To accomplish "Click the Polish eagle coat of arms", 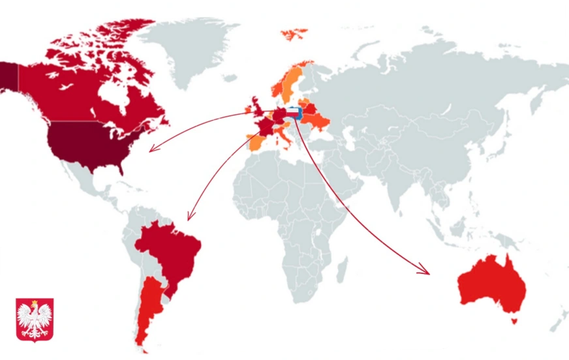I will (x=35, y=320).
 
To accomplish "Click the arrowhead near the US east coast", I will (x=152, y=149).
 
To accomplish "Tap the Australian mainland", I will (x=493, y=284).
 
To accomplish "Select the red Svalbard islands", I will (x=294, y=33).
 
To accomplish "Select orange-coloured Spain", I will (x=256, y=140).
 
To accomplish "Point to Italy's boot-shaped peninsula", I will (x=283, y=136).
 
